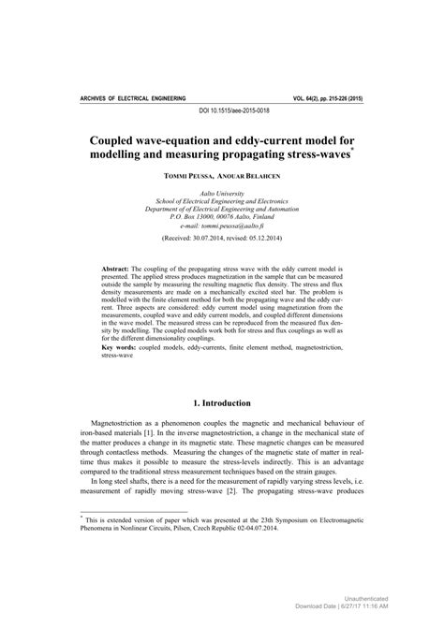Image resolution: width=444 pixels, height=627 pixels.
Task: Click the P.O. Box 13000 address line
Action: [222, 215]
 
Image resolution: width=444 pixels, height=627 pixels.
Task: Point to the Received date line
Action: [222, 239]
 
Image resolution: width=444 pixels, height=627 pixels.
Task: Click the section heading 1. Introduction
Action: [222, 403]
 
